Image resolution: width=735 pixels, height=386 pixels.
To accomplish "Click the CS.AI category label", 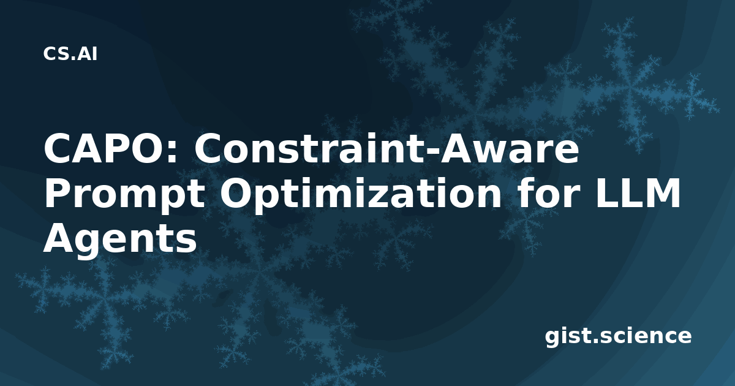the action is pyautogui.click(x=70, y=54).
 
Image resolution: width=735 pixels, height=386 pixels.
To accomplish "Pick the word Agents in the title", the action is pyautogui.click(x=120, y=240).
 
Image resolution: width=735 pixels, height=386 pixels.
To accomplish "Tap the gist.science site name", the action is pyautogui.click(x=618, y=336).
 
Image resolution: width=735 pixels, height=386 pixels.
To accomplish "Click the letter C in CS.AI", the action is pyautogui.click(x=50, y=54).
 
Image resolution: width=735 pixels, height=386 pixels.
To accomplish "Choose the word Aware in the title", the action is pyautogui.click(x=510, y=149).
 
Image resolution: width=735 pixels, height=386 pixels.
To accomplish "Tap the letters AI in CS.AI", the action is pyautogui.click(x=88, y=54).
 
